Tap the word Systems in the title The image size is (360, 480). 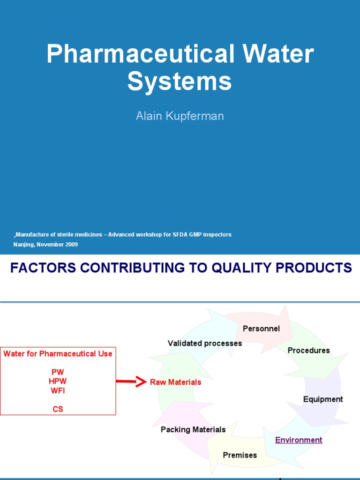pyautogui.click(x=180, y=81)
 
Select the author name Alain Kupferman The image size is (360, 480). pyautogui.click(x=180, y=116)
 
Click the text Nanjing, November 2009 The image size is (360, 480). pyautogui.click(x=45, y=245)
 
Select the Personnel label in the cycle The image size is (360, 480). pyautogui.click(x=261, y=329)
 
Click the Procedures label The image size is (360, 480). pyautogui.click(x=308, y=350)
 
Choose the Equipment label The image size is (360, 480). pyautogui.click(x=323, y=399)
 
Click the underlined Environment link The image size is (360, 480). pyautogui.click(x=299, y=440)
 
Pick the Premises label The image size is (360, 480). pyautogui.click(x=240, y=455)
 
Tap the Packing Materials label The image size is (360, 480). pyautogui.click(x=193, y=429)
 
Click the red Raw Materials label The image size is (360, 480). pyautogui.click(x=175, y=382)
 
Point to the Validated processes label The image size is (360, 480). pyautogui.click(x=205, y=343)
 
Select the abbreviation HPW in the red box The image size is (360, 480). pyautogui.click(x=58, y=381)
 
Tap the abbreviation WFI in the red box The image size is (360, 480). pyautogui.click(x=58, y=390)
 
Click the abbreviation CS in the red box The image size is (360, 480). pyautogui.click(x=58, y=409)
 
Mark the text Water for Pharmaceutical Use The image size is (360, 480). pyautogui.click(x=58, y=353)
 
